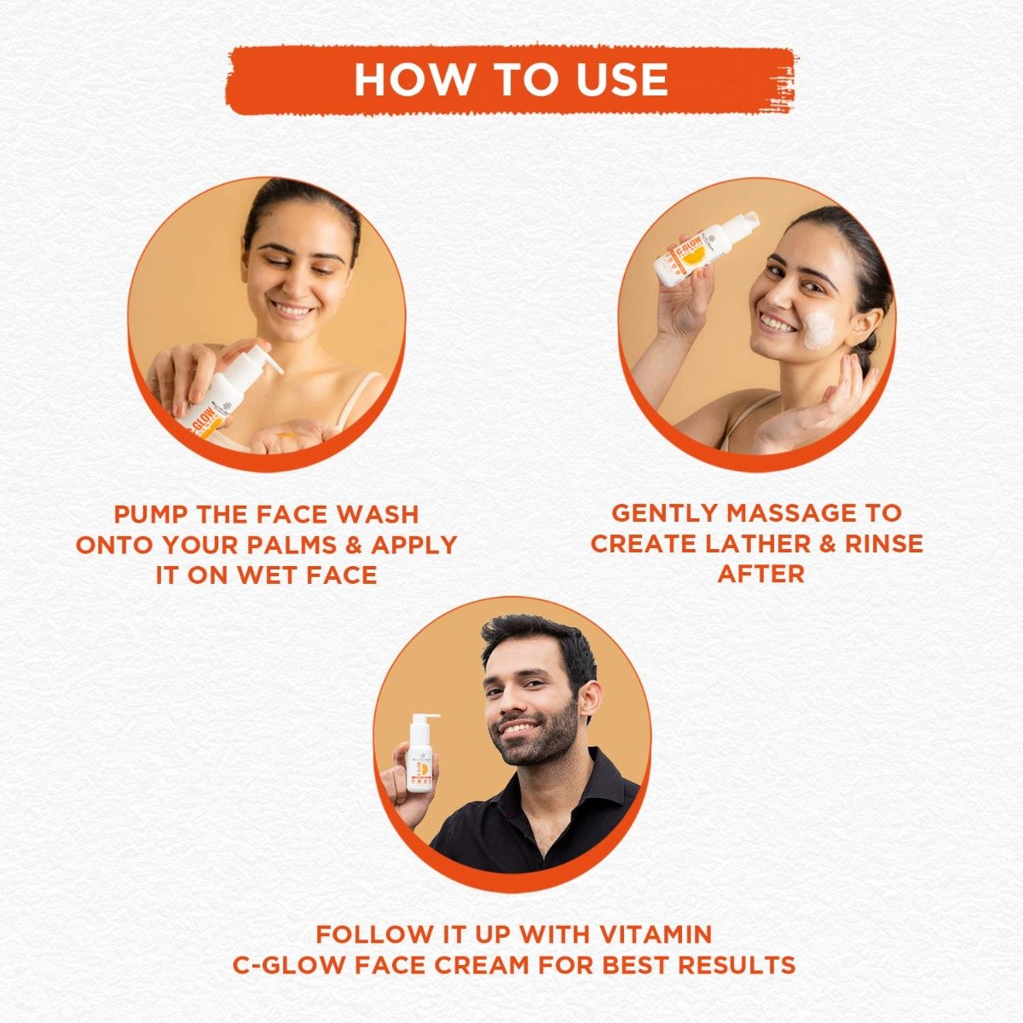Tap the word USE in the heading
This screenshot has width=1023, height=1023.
625,79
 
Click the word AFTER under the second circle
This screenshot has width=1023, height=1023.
760,573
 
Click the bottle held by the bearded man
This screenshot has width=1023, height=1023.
419,757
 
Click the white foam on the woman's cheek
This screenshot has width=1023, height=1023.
819,331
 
